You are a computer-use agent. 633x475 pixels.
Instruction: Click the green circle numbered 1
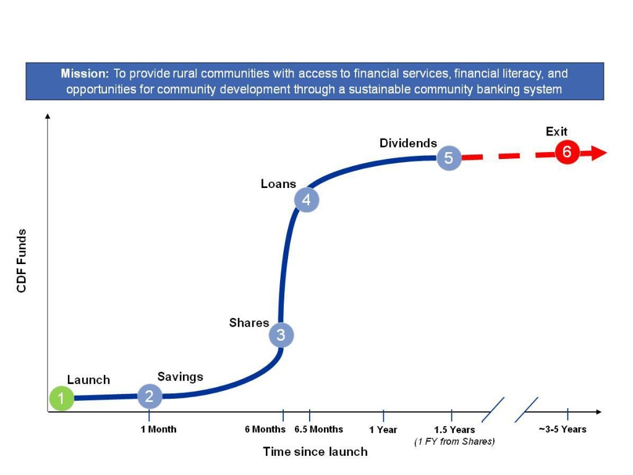pyautogui.click(x=61, y=398)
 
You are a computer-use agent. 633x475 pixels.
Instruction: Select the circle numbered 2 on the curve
pyautogui.click(x=149, y=396)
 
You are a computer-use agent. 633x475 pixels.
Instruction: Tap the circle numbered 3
pyautogui.click(x=281, y=335)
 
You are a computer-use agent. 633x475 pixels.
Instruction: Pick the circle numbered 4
pyautogui.click(x=306, y=200)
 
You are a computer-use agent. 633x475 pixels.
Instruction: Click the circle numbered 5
pyautogui.click(x=449, y=158)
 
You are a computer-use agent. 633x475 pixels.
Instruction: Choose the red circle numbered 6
pyautogui.click(x=566, y=152)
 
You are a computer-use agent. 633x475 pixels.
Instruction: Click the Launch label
pyautogui.click(x=88, y=380)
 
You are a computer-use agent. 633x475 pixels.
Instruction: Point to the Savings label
pyautogui.click(x=180, y=377)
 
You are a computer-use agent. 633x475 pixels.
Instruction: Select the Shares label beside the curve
pyautogui.click(x=249, y=323)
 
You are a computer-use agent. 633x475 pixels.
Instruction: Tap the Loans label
pyautogui.click(x=278, y=184)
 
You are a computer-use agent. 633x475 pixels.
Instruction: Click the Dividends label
pyautogui.click(x=408, y=143)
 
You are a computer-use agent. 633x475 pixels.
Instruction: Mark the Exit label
pyautogui.click(x=556, y=131)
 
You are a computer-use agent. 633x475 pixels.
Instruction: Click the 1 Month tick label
pyautogui.click(x=158, y=429)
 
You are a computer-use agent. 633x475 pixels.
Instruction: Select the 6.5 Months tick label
pyautogui.click(x=318, y=429)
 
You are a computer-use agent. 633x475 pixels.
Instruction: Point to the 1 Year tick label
pyautogui.click(x=383, y=430)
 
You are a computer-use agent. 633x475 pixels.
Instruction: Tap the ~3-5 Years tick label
pyautogui.click(x=563, y=429)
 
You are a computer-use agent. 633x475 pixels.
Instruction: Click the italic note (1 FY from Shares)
pyautogui.click(x=454, y=441)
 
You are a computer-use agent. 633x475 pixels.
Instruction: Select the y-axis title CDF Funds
pyautogui.click(x=22, y=260)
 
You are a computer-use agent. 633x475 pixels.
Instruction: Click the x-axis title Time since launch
pyautogui.click(x=315, y=451)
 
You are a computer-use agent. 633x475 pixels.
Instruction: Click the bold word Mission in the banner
pyautogui.click(x=85, y=74)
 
